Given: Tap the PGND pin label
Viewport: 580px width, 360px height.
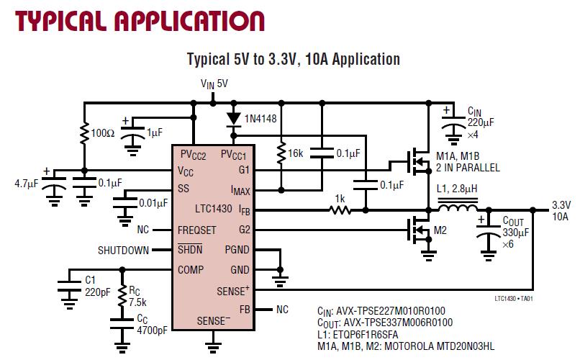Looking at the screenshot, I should click(237, 251).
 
